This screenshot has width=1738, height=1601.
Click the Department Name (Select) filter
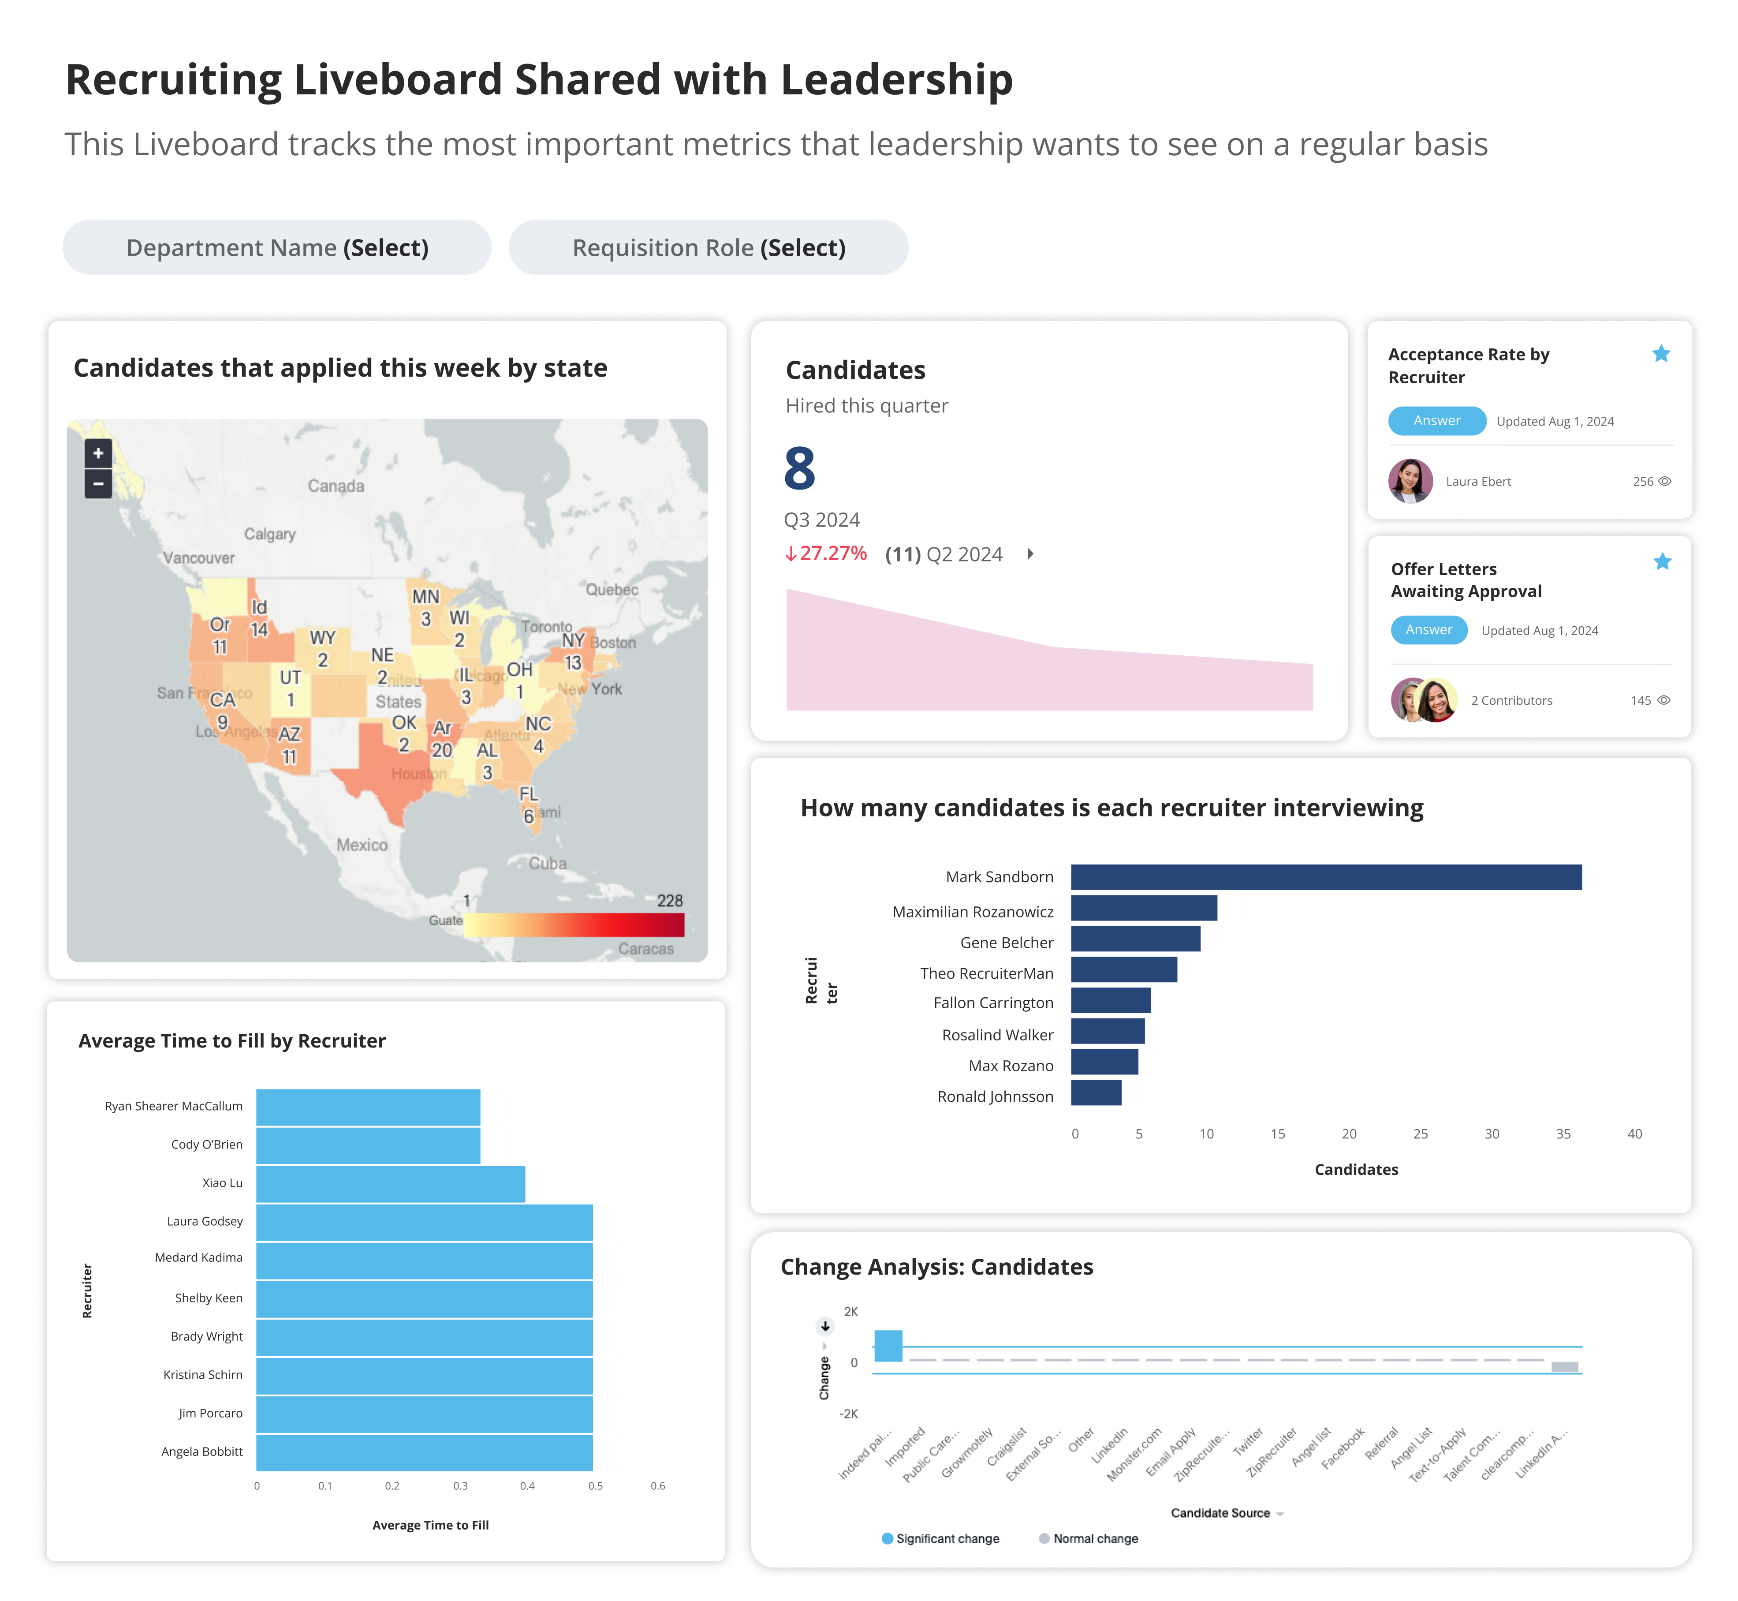pos(277,248)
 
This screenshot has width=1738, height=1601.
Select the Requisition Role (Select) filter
pos(709,248)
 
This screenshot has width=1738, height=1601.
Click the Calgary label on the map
pos(269,534)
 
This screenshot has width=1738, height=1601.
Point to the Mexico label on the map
pos(362,845)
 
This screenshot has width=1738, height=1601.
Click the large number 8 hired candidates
pos(799,469)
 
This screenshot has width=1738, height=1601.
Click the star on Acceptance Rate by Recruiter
pos(1660,353)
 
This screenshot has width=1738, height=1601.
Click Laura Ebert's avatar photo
pos(1410,481)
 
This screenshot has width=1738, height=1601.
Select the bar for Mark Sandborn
pos(1325,877)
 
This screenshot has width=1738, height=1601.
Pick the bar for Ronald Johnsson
pos(1096,1092)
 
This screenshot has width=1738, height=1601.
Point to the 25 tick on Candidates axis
pos(1420,1134)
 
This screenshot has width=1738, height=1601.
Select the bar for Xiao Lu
pos(390,1183)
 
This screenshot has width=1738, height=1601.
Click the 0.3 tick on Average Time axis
pos(460,1486)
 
